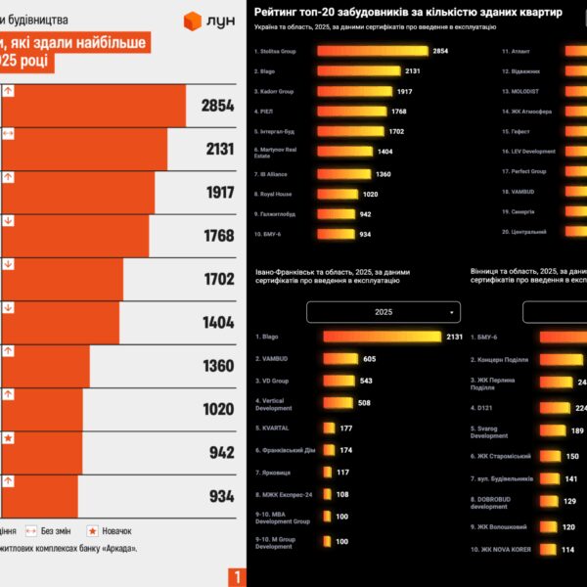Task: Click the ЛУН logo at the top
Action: (208, 21)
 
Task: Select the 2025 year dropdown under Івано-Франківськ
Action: (384, 312)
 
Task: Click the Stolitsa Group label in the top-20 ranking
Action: (276, 51)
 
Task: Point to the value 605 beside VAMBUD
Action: (369, 359)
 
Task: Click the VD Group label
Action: (275, 381)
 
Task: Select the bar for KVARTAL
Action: (329, 428)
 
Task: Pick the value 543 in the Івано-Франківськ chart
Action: (366, 381)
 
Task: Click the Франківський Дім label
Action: (284, 449)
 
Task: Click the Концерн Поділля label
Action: (505, 359)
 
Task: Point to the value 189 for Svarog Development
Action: (577, 430)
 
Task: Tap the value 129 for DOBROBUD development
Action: (569, 501)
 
